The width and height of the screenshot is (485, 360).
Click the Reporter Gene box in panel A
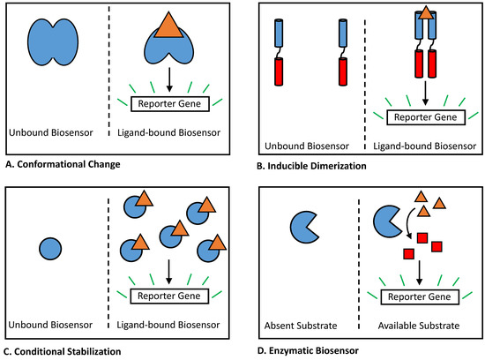click(x=168, y=104)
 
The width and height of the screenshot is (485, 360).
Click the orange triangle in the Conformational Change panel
click(x=168, y=27)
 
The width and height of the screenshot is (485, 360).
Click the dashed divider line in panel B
click(x=362, y=75)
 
